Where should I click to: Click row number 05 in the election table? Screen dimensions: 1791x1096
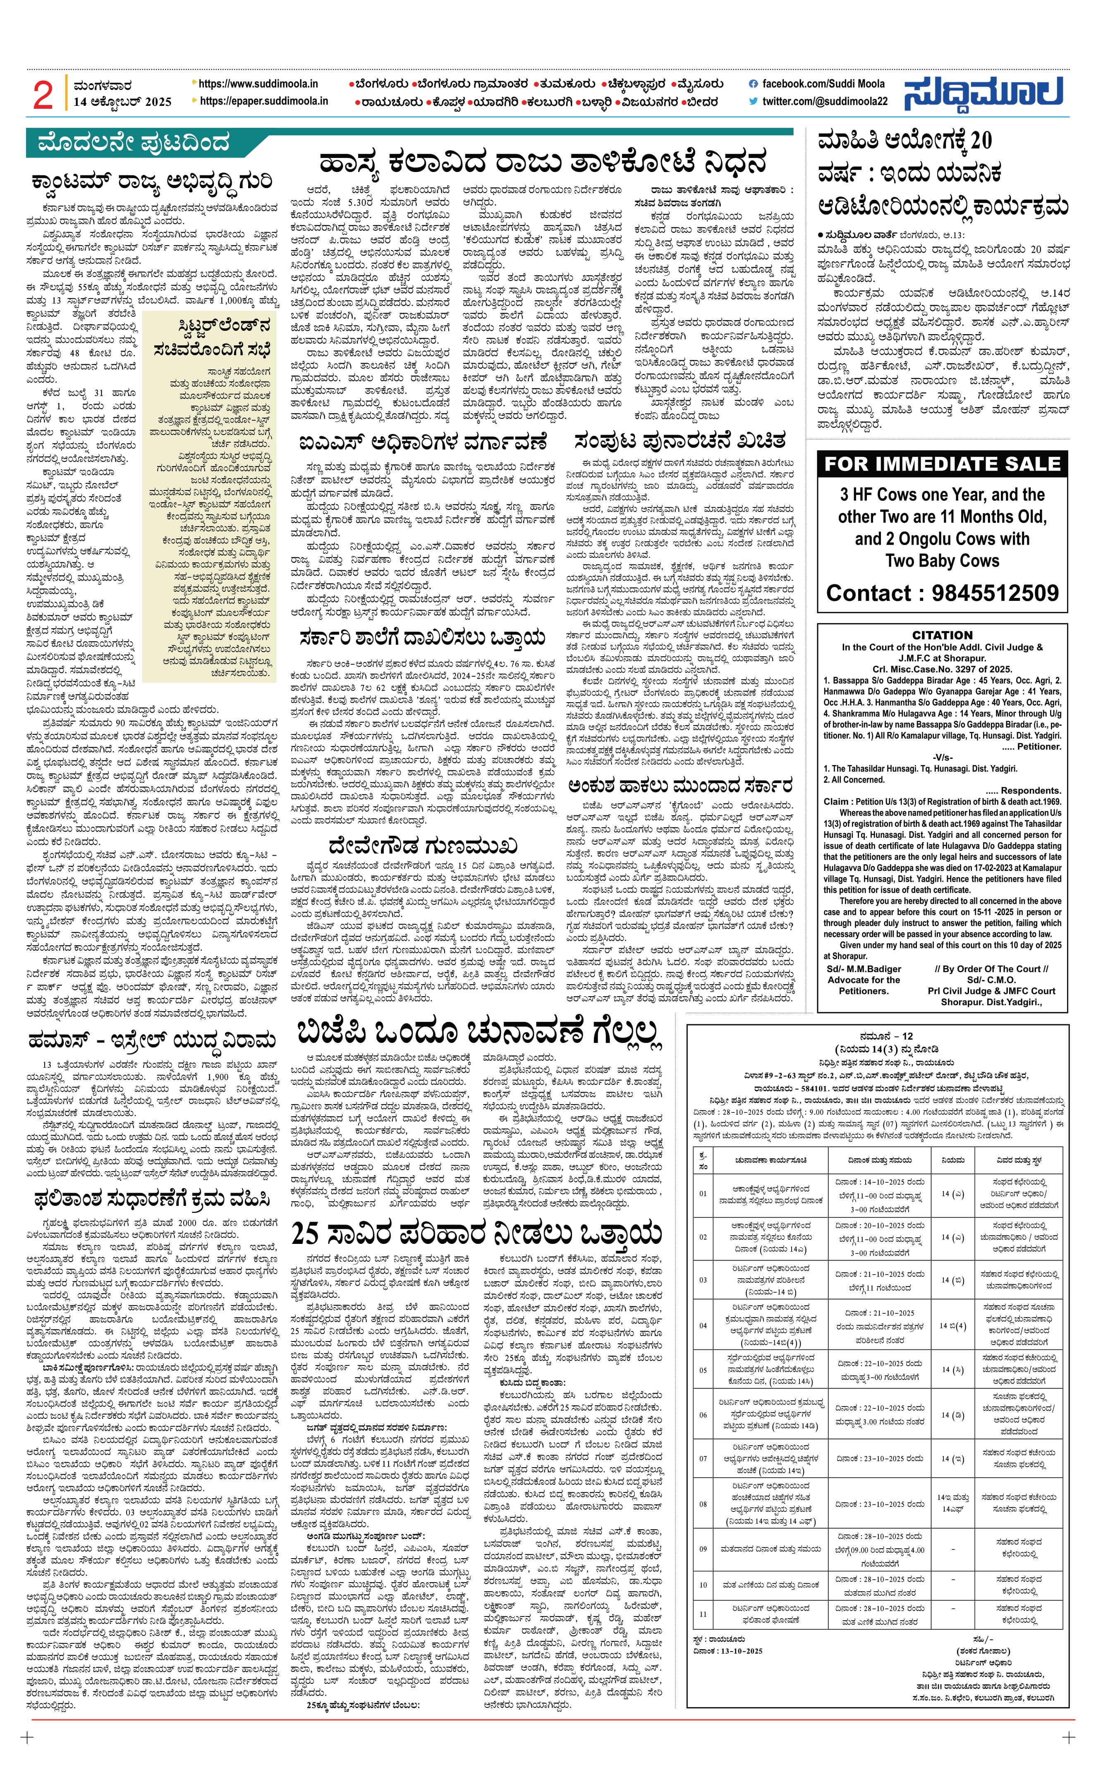pos(702,1370)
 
